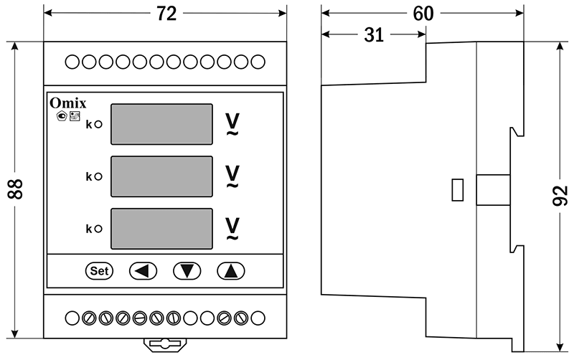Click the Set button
(100, 270)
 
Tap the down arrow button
(187, 270)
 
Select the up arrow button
(231, 270)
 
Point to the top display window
(162, 123)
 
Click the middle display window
(162, 176)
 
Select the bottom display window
(162, 228)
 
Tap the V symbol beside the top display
(232, 122)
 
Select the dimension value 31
(373, 35)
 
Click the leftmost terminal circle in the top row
(72, 62)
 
